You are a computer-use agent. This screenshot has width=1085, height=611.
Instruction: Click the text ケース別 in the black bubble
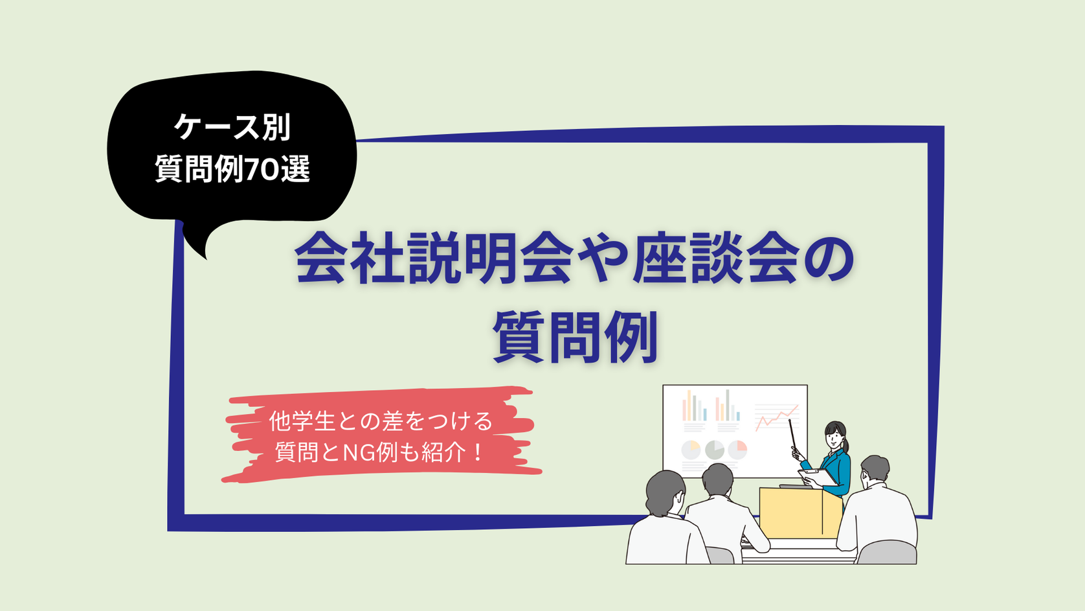coord(232,128)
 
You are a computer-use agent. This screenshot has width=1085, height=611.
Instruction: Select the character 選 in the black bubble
coord(295,169)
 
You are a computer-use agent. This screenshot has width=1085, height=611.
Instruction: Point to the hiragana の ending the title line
coord(827,264)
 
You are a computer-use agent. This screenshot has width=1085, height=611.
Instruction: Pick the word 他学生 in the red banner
coord(302,421)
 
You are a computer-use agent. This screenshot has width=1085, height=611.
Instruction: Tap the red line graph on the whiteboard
coord(777,417)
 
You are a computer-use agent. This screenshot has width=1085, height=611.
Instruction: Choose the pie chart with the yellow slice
coord(691,450)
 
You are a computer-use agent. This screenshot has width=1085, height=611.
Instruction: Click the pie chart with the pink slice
coord(737,450)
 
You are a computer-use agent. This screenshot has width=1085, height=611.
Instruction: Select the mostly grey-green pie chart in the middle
coord(714,450)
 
